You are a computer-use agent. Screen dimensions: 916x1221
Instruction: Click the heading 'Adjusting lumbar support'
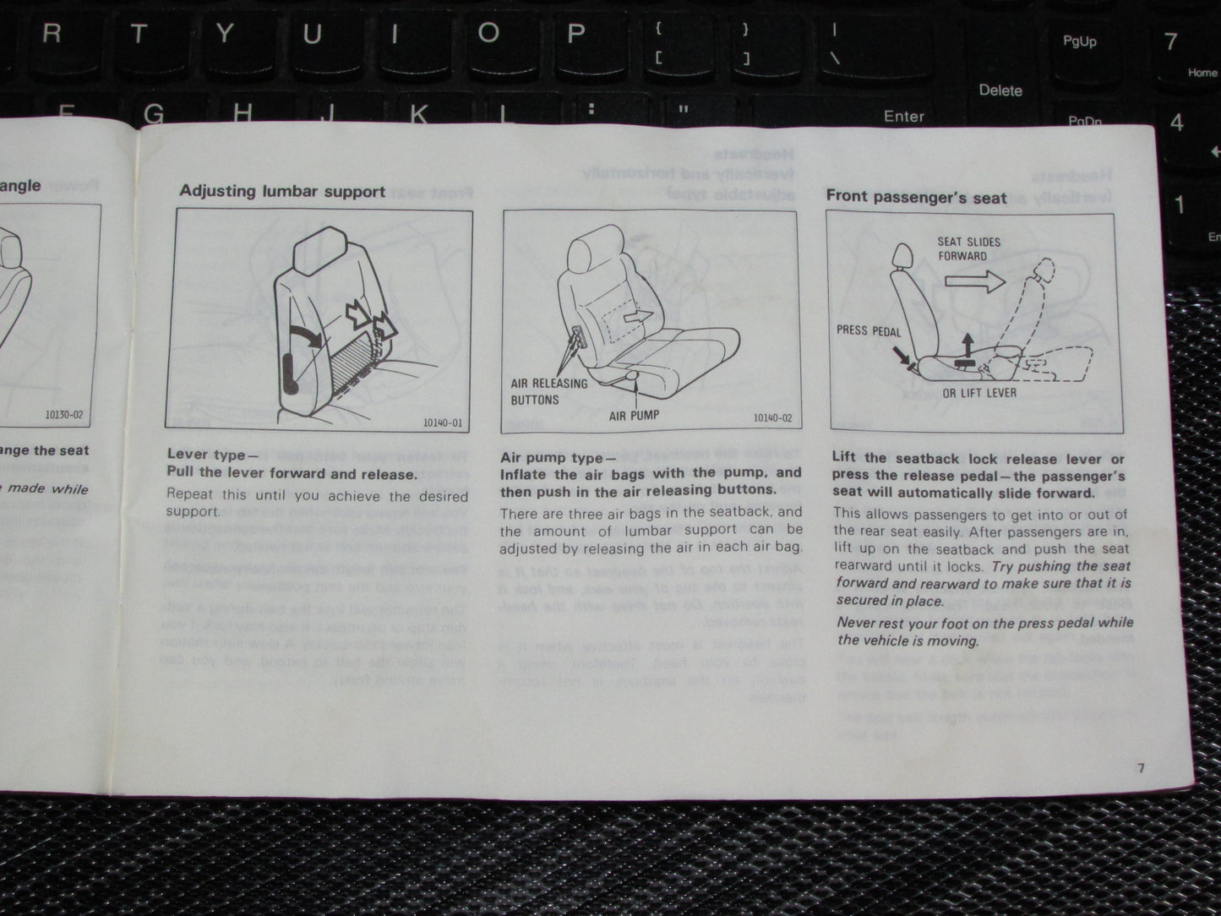tap(282, 191)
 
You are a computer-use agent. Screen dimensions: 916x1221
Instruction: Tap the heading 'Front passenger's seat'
tap(916, 197)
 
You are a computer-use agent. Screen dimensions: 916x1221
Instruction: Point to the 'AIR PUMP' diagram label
tap(634, 415)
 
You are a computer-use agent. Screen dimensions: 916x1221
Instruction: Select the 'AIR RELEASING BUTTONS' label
tap(548, 391)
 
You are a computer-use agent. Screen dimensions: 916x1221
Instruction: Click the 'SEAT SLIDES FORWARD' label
tap(968, 248)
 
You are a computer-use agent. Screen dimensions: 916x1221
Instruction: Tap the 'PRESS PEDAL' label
tap(869, 330)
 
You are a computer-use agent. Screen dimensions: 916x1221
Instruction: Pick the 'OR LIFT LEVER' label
tap(979, 393)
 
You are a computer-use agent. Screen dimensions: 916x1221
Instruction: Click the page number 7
tap(1140, 767)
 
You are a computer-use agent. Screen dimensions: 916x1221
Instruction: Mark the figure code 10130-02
tap(64, 416)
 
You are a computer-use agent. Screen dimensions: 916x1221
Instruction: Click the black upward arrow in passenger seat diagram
tap(967, 345)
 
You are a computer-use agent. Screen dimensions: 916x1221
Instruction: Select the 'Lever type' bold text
tap(206, 455)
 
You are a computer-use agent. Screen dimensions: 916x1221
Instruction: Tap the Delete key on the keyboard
tap(1000, 90)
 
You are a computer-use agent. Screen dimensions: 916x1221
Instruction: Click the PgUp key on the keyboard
tap(1079, 41)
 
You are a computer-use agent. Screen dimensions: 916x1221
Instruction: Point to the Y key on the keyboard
tap(224, 34)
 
